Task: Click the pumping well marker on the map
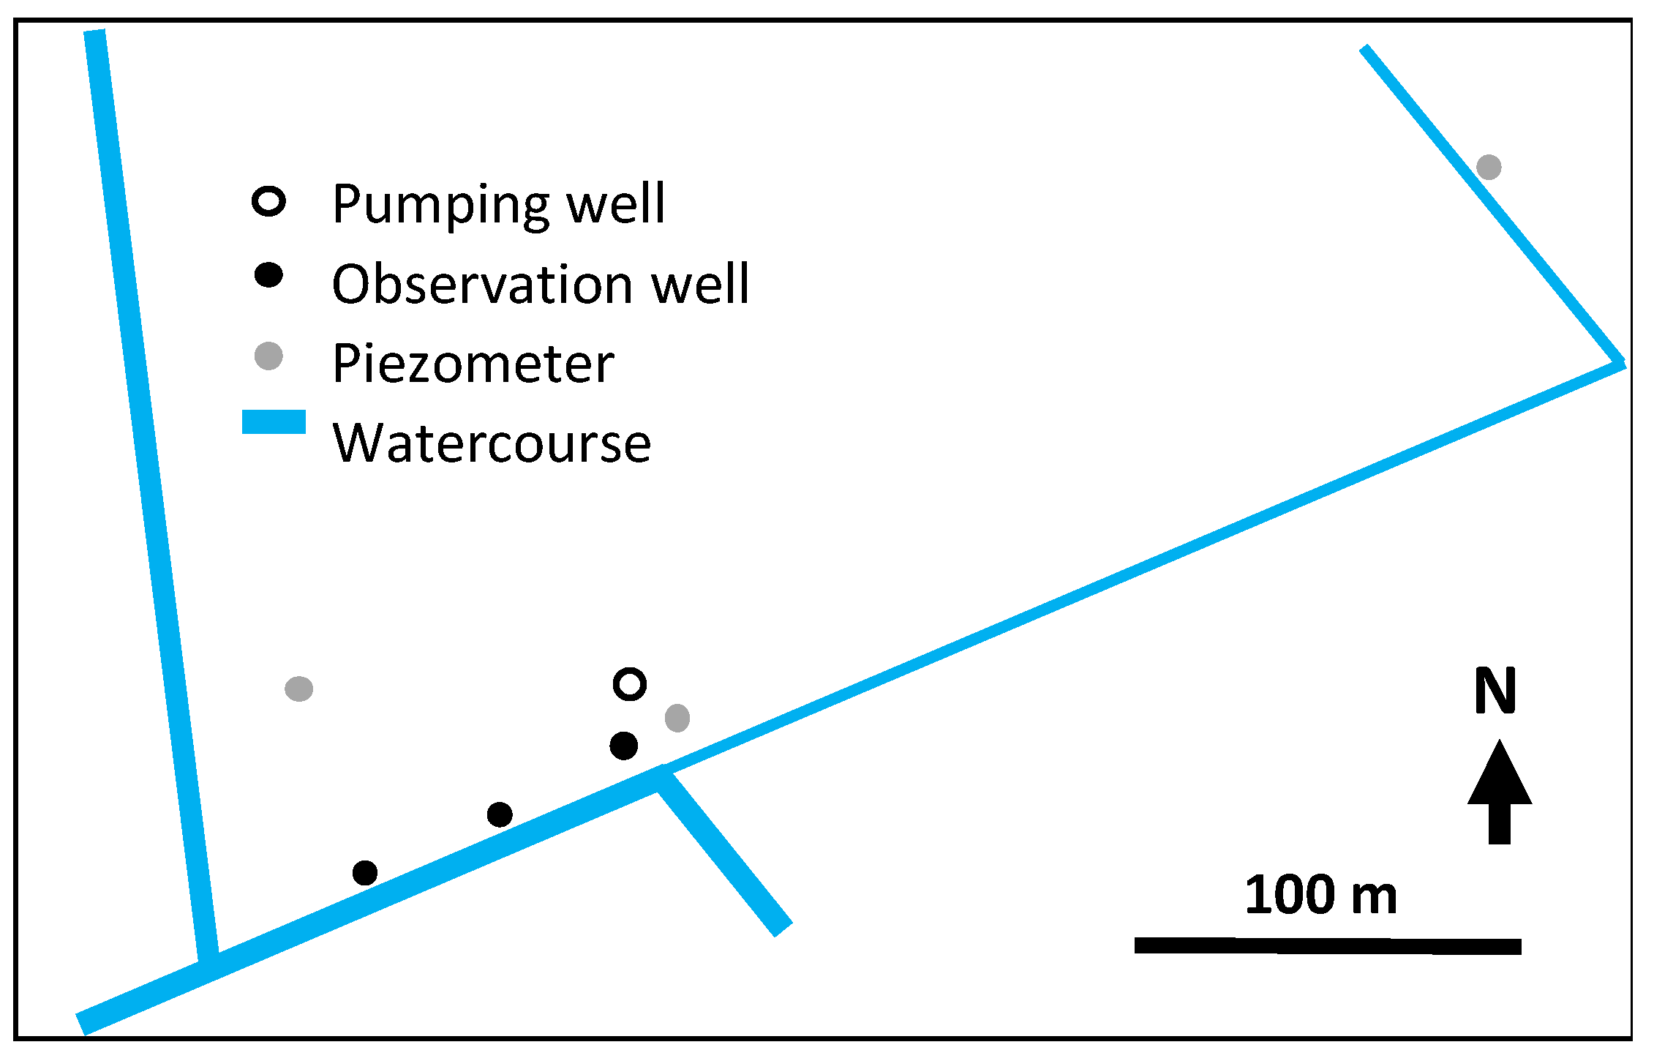(x=629, y=684)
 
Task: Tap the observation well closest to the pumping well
(x=623, y=746)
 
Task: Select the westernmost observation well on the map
(x=365, y=872)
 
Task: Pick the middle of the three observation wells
(x=500, y=814)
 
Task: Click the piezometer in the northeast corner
(x=1489, y=167)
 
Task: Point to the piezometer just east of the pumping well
(x=677, y=718)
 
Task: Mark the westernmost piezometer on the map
(x=299, y=689)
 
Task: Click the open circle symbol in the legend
(x=268, y=202)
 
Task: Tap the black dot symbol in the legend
(x=268, y=276)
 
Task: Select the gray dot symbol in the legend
(x=268, y=356)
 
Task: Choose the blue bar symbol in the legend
(x=274, y=422)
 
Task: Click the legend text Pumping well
(x=498, y=203)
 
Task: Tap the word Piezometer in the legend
(x=473, y=364)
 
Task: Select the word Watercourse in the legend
(x=492, y=443)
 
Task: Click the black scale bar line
(x=1328, y=946)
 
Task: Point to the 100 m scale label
(x=1320, y=895)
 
